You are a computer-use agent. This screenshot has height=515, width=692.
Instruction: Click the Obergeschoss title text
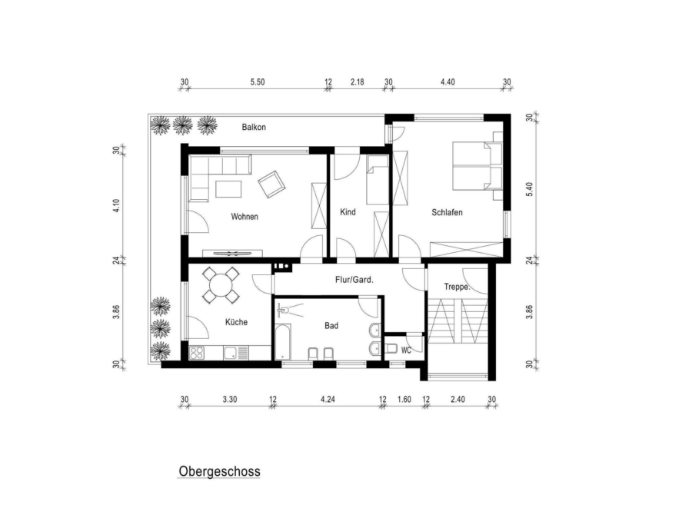pyautogui.click(x=219, y=472)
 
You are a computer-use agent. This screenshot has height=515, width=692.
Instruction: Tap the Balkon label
pyautogui.click(x=254, y=127)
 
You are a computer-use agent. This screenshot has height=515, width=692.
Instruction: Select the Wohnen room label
pyautogui.click(x=245, y=217)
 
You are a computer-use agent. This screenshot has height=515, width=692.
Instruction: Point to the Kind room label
pyautogui.click(x=348, y=212)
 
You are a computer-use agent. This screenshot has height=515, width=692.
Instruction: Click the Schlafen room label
pyautogui.click(x=447, y=212)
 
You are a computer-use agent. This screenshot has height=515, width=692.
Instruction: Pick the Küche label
pyautogui.click(x=237, y=322)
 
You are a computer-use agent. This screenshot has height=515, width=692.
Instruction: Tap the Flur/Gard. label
pyautogui.click(x=354, y=279)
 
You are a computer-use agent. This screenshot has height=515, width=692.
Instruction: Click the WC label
pyautogui.click(x=406, y=351)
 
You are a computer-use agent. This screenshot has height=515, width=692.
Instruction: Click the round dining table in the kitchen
pyautogui.click(x=221, y=285)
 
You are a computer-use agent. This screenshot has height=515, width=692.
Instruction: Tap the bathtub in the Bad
pyautogui.click(x=283, y=342)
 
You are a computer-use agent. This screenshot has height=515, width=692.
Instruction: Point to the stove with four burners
pyautogui.click(x=197, y=353)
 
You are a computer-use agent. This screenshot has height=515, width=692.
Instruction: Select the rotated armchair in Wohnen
pyautogui.click(x=271, y=184)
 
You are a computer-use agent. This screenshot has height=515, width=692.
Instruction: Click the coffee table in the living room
pyautogui.click(x=228, y=189)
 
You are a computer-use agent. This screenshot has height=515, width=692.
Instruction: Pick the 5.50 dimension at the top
pyautogui.click(x=258, y=82)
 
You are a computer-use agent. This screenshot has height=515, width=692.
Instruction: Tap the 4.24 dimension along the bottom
pyautogui.click(x=328, y=400)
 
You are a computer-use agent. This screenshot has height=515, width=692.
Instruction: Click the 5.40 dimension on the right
pyautogui.click(x=530, y=189)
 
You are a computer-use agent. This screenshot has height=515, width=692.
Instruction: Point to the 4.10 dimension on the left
pyautogui.click(x=117, y=206)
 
